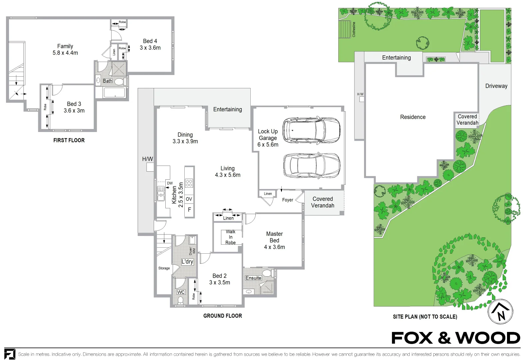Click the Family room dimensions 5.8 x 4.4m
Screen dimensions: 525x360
click(65, 53)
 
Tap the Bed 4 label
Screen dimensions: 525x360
click(150, 41)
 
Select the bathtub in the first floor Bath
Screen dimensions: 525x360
click(114, 92)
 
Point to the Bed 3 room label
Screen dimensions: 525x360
click(74, 104)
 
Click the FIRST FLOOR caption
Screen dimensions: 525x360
click(69, 140)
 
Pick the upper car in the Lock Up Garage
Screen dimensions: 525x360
click(311, 130)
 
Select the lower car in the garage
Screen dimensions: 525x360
click(312, 166)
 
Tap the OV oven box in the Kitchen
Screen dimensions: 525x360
click(189, 199)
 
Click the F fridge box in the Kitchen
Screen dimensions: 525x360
click(189, 210)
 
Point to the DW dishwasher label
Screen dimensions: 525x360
click(170, 183)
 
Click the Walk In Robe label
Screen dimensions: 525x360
click(231, 237)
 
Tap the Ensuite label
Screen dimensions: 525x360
click(253, 278)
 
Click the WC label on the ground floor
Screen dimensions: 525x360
click(181, 292)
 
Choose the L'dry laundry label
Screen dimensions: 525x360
click(187, 262)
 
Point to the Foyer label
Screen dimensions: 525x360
click(288, 200)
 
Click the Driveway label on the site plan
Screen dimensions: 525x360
click(496, 86)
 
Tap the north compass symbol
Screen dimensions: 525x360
click(500, 312)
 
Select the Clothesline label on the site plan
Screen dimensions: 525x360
click(354, 30)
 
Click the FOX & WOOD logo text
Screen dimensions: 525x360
click(456, 338)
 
